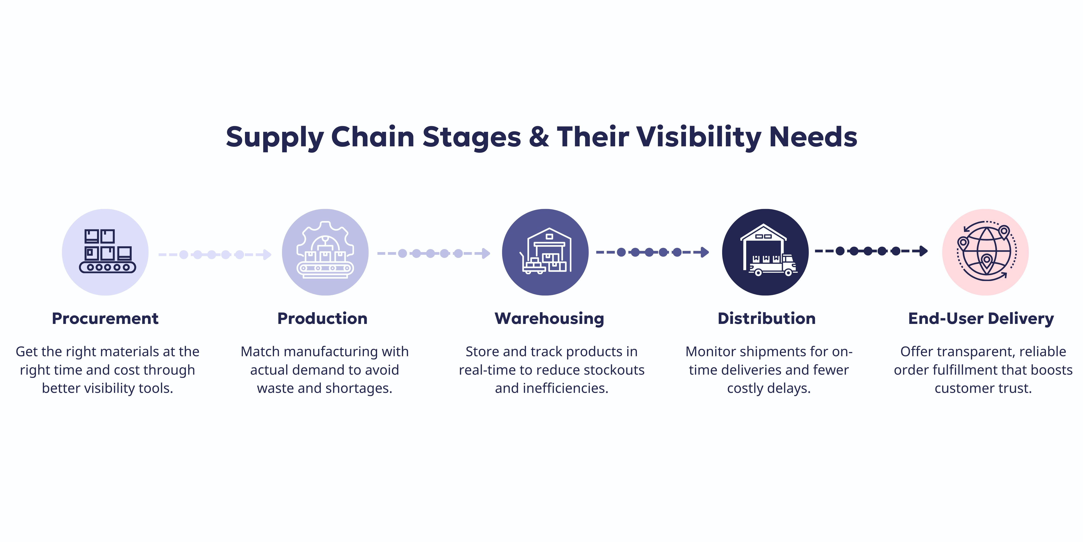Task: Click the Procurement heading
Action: pos(105,318)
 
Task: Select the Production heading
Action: pos(323,318)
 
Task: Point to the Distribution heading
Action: pos(766,318)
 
